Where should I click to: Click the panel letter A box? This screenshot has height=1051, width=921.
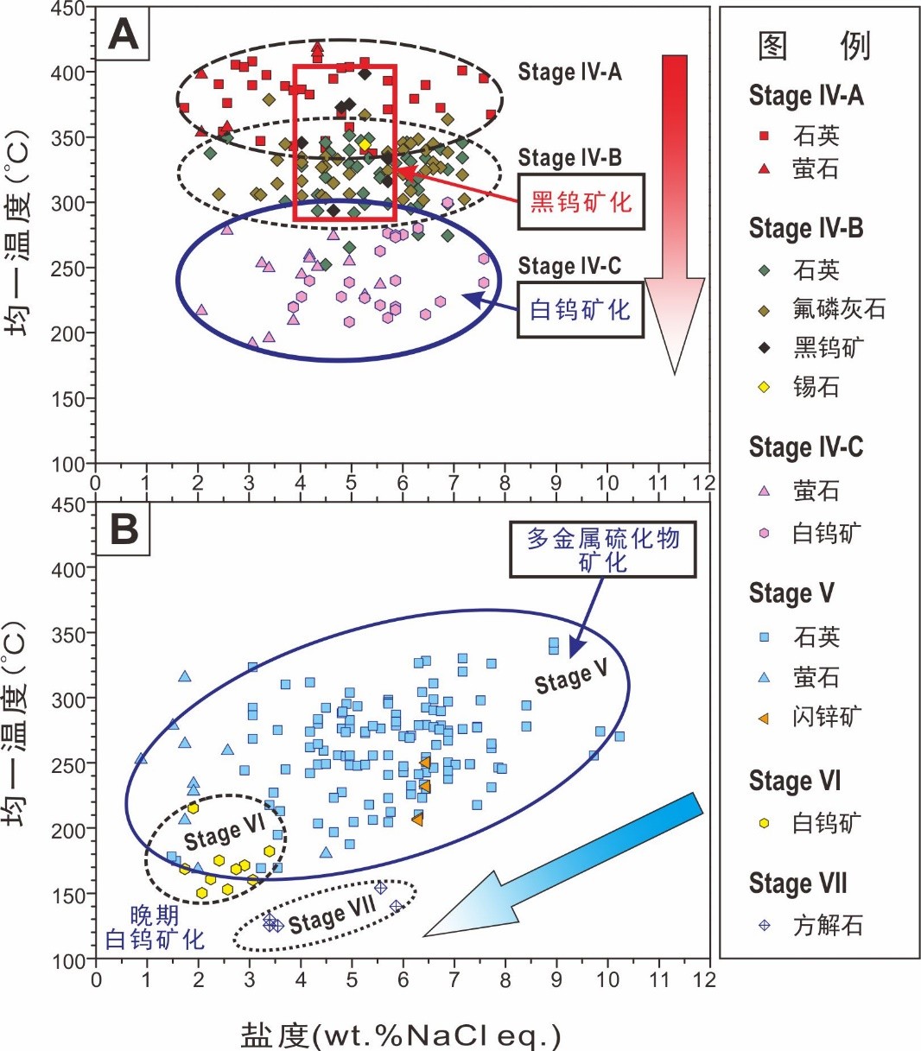coord(123,35)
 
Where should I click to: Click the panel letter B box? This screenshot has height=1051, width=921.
coord(124,529)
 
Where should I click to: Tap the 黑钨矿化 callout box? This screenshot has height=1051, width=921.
coord(581,203)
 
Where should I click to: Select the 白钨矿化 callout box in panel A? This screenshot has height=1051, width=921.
coord(581,310)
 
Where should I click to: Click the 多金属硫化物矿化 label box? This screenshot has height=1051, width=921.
coord(603,549)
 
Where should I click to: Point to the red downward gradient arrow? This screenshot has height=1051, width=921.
coord(675,207)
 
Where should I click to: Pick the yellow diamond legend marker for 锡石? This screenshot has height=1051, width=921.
coord(764,387)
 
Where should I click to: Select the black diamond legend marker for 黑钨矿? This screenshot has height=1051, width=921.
coord(764,348)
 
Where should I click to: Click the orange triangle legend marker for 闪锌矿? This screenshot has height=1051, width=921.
coord(764,718)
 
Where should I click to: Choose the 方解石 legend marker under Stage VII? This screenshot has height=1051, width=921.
coord(764,926)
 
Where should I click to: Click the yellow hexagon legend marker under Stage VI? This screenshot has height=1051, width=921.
coord(764,823)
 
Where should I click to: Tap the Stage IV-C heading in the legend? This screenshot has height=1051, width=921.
coord(805,447)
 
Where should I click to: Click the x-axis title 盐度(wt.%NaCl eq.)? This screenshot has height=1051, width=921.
coord(401,1035)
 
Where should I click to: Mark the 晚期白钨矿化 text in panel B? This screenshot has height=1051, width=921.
coord(154,928)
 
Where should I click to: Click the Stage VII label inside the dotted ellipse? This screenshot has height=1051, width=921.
coord(332,915)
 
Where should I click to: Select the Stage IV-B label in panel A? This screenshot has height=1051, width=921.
coord(569,158)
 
